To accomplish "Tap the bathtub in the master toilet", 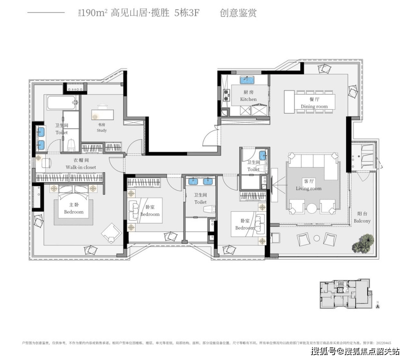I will (62, 102).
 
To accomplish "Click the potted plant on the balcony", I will (363, 242).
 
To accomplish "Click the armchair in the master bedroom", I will (111, 232).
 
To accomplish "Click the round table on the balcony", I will (317, 238).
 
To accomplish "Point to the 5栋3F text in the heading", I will (187, 13).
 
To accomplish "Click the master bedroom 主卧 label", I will (73, 209).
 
